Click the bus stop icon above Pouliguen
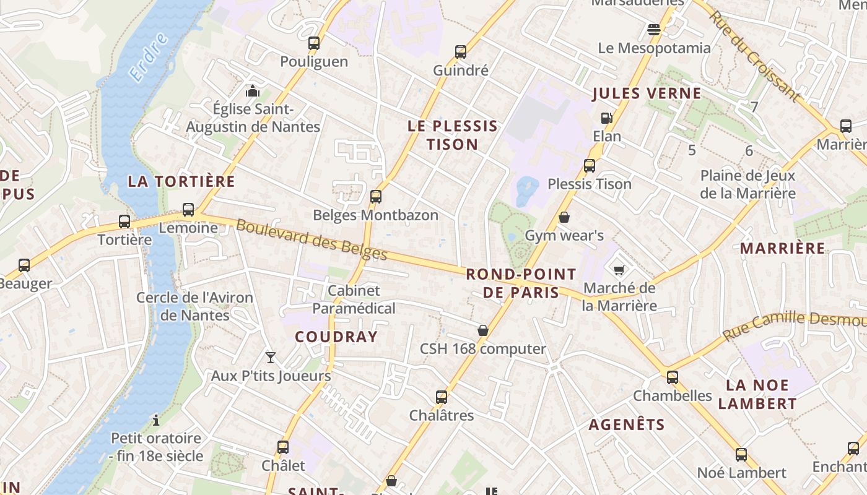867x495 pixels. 314,43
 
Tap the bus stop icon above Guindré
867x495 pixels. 460,52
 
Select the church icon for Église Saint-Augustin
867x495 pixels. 252,91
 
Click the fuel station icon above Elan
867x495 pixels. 606,118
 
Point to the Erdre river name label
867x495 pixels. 149,58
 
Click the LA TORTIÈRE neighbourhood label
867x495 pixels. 181,181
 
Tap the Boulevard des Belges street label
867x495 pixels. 312,240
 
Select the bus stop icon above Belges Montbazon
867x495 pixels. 375,197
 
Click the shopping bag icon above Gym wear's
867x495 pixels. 564,217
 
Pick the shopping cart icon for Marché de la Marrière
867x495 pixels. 619,270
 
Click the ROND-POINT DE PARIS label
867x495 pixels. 520,283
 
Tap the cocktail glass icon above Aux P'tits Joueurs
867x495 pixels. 271,357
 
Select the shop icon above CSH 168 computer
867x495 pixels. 483,330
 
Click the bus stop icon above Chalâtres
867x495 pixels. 441,397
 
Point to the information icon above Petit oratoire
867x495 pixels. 156,420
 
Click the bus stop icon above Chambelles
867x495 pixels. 672,377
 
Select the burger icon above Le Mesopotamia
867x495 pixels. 653,29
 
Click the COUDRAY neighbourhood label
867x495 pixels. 336,337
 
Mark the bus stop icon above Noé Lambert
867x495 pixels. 741,455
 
